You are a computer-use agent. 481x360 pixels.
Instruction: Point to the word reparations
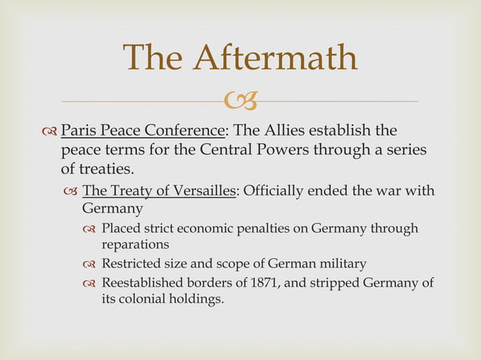click(x=136, y=244)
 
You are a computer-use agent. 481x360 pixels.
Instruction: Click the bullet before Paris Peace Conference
click(x=51, y=130)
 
